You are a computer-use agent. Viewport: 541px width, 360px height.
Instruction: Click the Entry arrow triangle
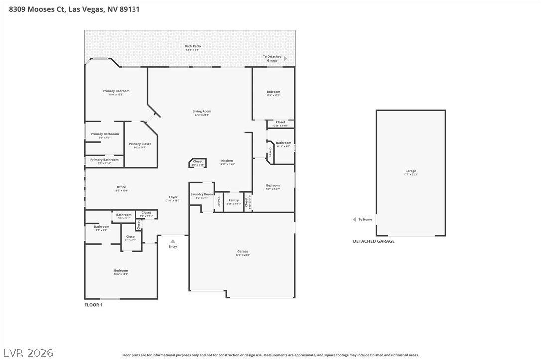click(x=173, y=241)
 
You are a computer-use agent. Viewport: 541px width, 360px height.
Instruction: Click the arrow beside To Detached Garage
click(x=285, y=59)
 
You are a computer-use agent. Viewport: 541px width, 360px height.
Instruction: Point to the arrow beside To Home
click(x=354, y=219)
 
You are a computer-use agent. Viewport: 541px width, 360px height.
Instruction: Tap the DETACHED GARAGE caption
click(x=373, y=241)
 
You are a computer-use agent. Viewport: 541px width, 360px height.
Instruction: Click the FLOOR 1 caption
click(x=93, y=305)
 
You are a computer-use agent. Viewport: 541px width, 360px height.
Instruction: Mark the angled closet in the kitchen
click(x=198, y=163)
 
